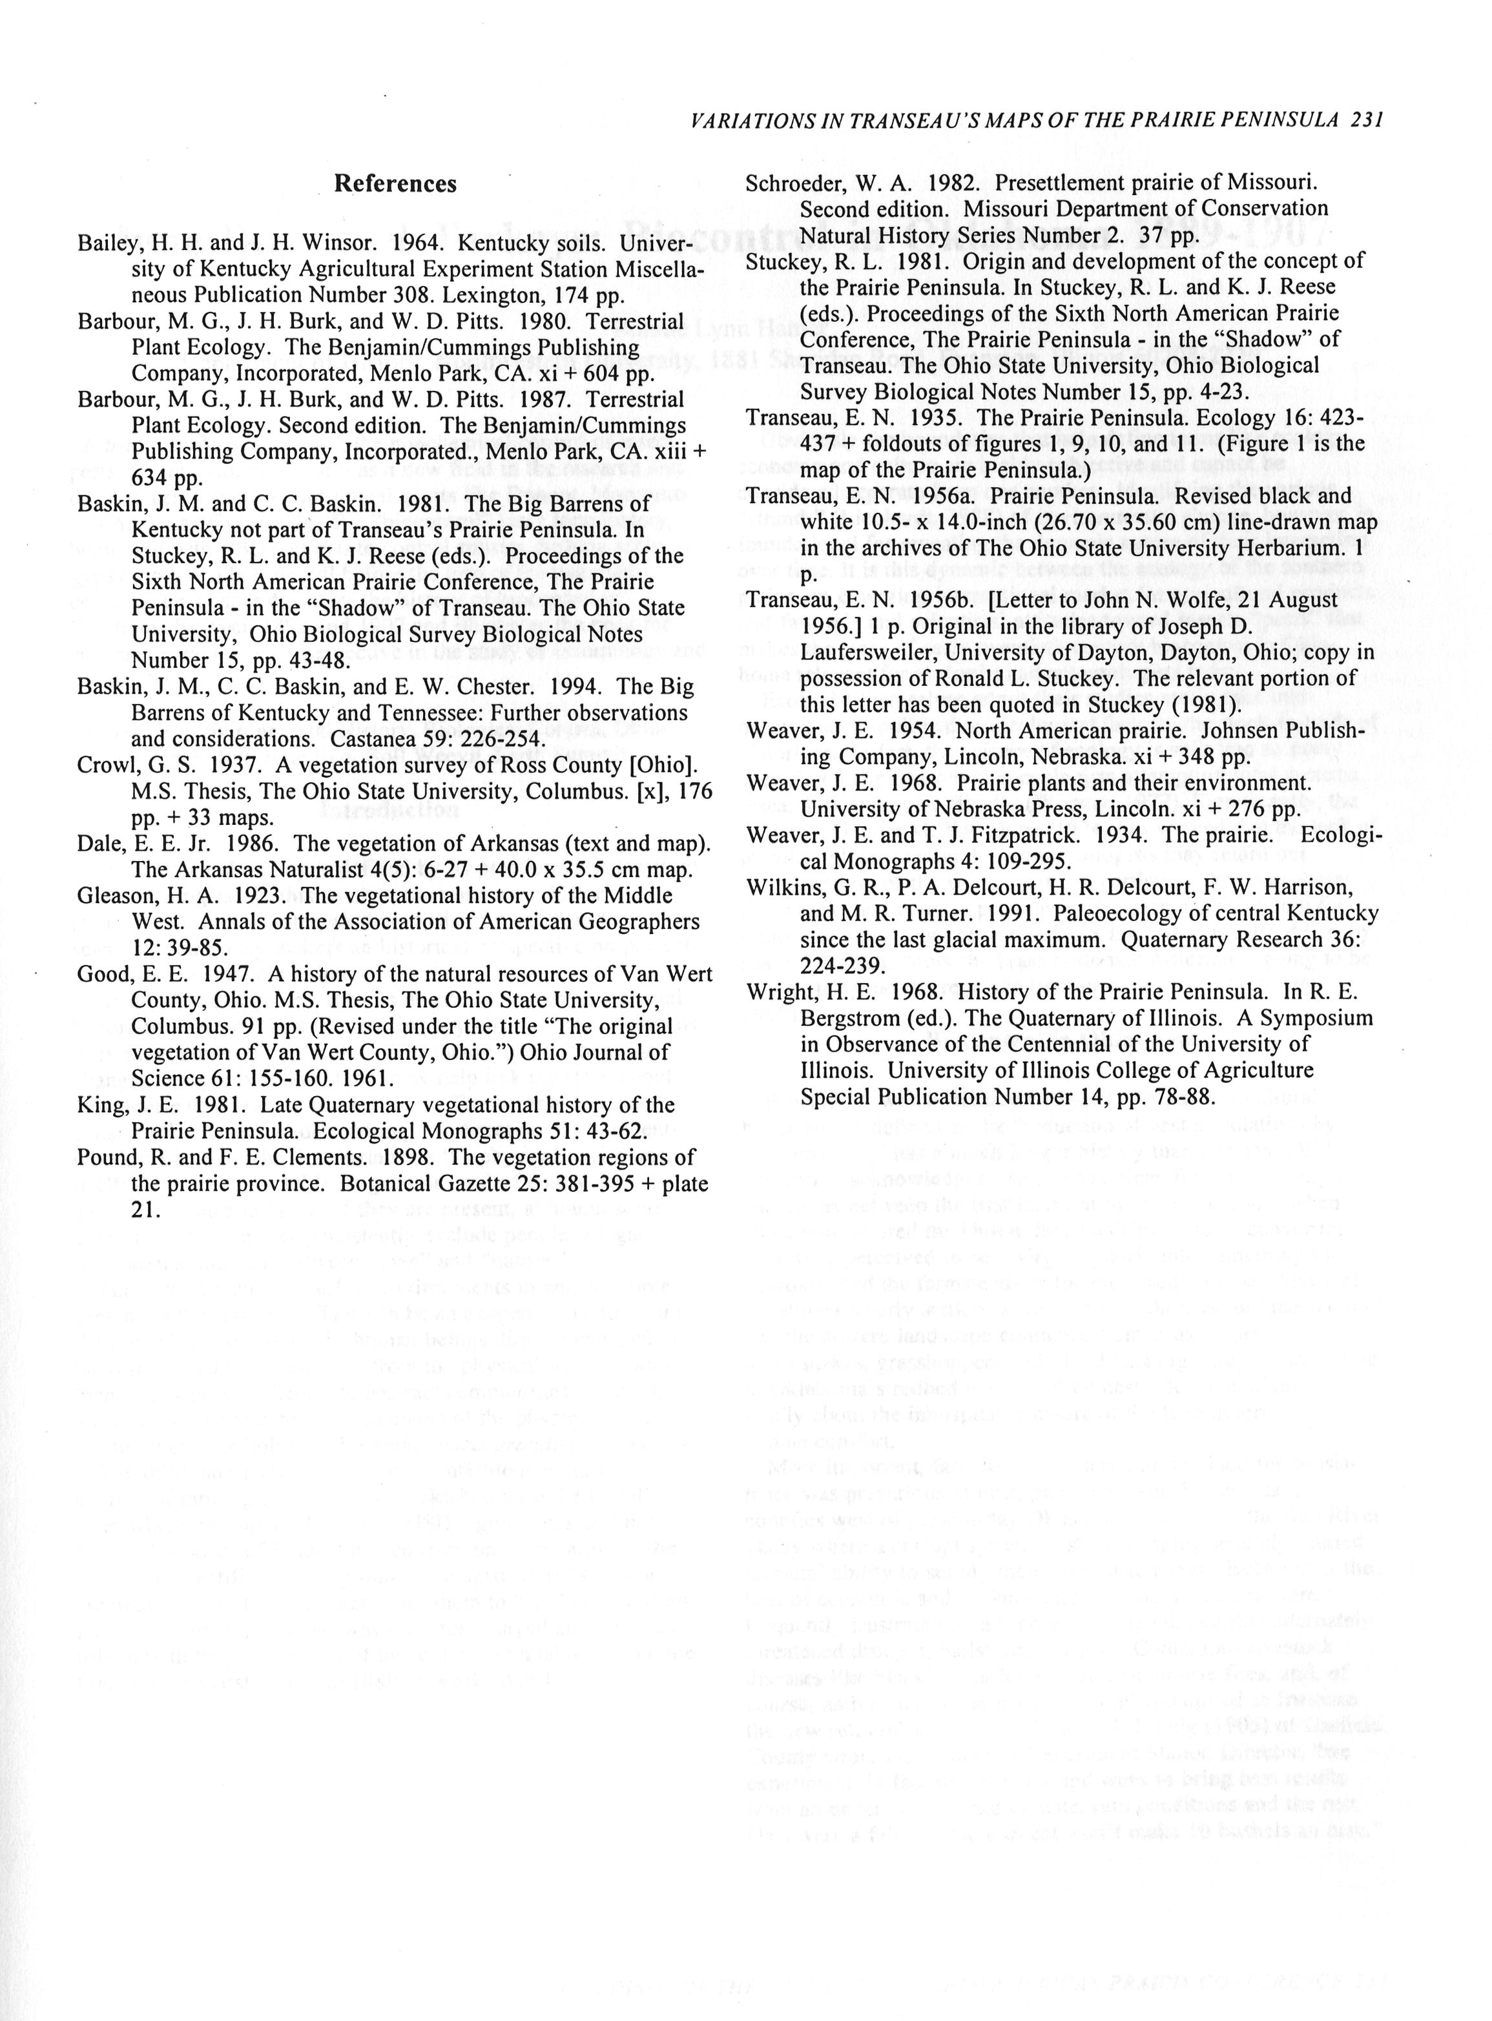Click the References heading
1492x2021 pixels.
click(395, 184)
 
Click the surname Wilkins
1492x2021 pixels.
click(782, 887)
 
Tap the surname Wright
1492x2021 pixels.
click(778, 993)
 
